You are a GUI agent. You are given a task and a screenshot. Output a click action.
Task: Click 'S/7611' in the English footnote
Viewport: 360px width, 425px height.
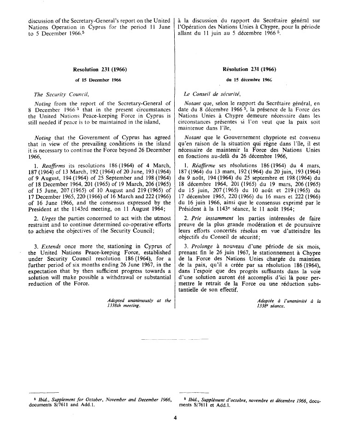pyautogui.click(x=65, y=403)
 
